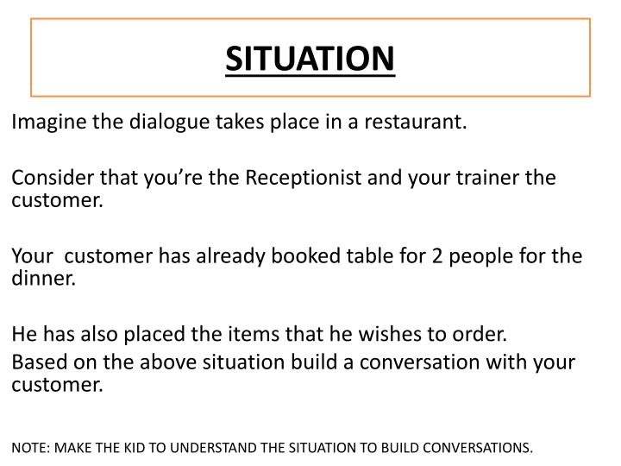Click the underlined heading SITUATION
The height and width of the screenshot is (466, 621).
pyautogui.click(x=310, y=58)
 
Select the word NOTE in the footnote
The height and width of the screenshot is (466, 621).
pyautogui.click(x=28, y=448)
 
